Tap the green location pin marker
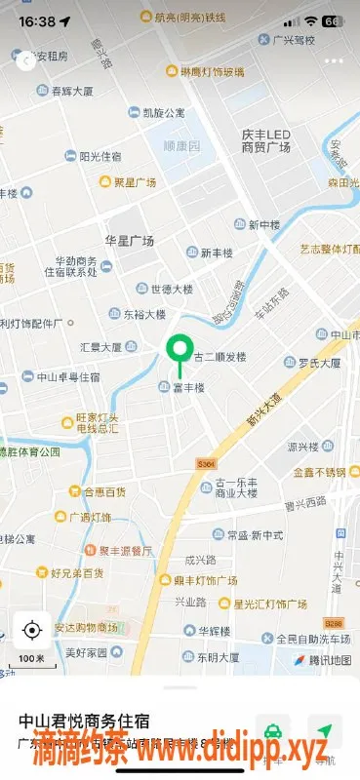pyautogui.click(x=179, y=350)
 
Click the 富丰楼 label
pyautogui.click(x=188, y=388)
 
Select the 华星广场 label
pyautogui.click(x=130, y=240)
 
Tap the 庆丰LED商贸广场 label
pyautogui.click(x=266, y=140)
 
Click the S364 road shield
pyautogui.click(x=204, y=462)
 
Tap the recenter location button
pyautogui.click(x=32, y=630)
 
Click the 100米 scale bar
pyautogui.click(x=32, y=660)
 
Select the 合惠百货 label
pyautogui.click(x=103, y=492)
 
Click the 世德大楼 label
pyautogui.click(x=172, y=289)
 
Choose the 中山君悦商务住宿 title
pyautogui.click(x=84, y=721)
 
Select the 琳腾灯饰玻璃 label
pyautogui.click(x=212, y=71)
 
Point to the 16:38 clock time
pyautogui.click(x=37, y=20)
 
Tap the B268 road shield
pyautogui.click(x=334, y=621)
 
